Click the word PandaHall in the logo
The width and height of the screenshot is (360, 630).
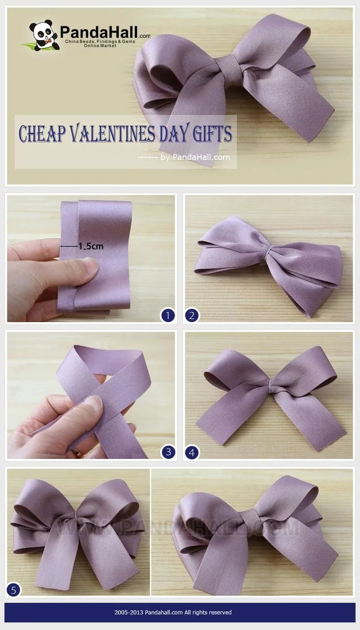coord(99,32)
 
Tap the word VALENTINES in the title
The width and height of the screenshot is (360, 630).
coord(112,133)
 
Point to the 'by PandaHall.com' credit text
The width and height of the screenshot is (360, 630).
coord(195,157)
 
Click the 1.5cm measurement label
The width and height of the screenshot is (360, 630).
coord(91,246)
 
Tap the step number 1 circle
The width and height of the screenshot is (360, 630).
coord(168,315)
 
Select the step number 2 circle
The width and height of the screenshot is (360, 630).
coord(192,315)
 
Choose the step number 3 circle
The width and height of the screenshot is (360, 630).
coord(168,452)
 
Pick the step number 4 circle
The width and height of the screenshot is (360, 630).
coord(192,453)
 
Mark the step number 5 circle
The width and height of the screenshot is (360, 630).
coord(13,590)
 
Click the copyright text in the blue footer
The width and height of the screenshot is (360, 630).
coord(173,612)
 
